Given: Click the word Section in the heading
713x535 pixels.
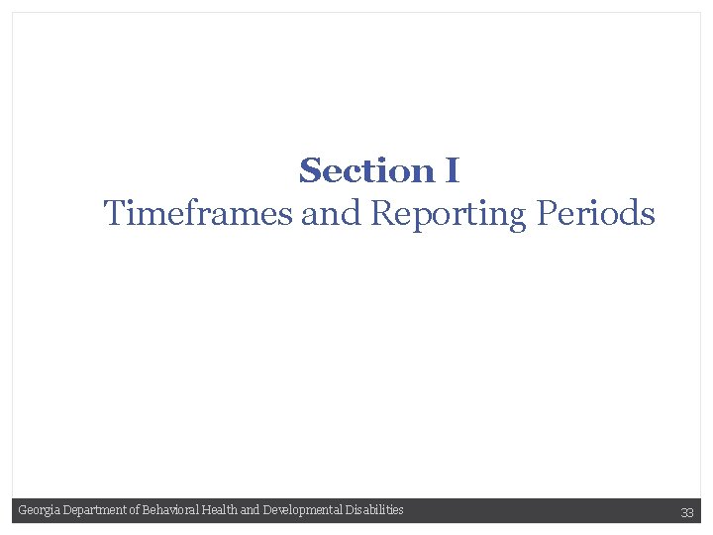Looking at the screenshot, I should (x=366, y=171).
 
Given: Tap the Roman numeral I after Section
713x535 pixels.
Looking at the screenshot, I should (x=452, y=171).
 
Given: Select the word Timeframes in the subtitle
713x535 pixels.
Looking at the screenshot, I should (x=198, y=213).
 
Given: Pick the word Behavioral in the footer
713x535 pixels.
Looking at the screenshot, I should (x=169, y=510).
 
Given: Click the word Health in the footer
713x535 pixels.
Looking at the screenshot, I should (x=219, y=510).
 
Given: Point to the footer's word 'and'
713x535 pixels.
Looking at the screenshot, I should (x=250, y=510).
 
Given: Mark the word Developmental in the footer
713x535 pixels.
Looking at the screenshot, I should (x=301, y=510).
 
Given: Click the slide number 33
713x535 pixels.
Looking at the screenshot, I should (x=686, y=512).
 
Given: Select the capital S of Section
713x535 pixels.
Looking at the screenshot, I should (x=309, y=171).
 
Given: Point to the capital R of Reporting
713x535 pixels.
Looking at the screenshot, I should (x=381, y=213).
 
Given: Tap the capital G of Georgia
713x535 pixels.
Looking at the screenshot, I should (x=22, y=510).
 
